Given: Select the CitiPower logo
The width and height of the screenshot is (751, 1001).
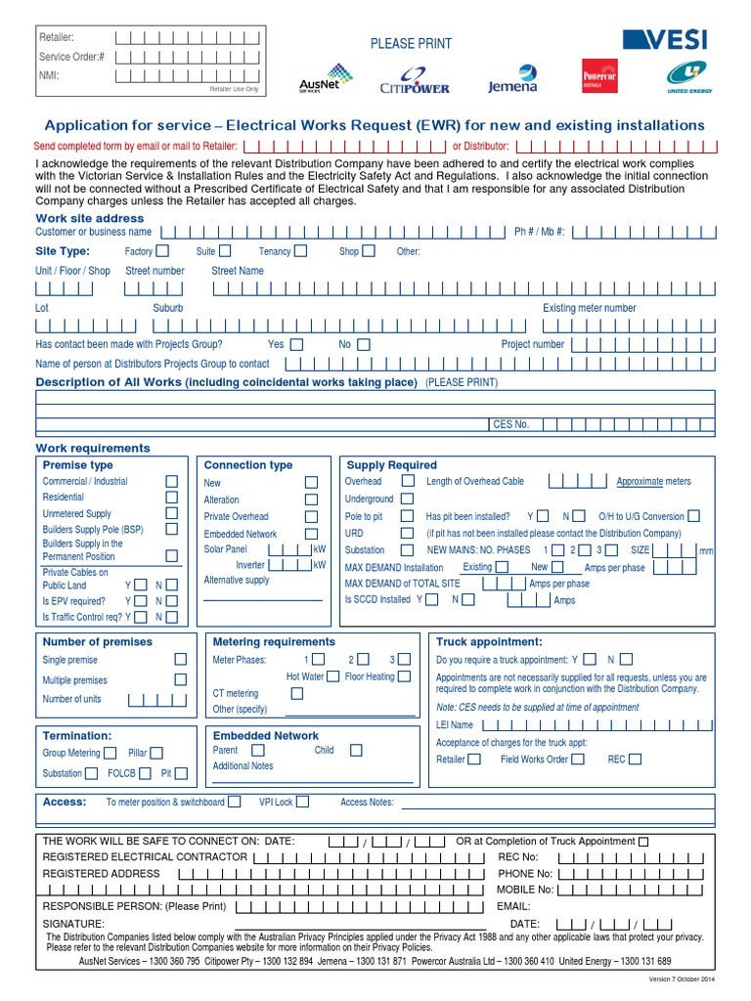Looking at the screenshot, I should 415,80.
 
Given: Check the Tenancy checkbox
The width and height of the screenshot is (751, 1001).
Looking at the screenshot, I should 300,251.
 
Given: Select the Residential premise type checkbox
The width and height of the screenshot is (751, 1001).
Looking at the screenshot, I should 172,497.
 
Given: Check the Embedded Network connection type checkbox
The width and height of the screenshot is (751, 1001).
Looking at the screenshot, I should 311,534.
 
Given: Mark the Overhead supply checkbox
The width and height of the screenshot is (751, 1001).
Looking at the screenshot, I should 406,481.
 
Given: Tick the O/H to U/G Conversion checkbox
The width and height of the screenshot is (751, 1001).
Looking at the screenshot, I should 693,516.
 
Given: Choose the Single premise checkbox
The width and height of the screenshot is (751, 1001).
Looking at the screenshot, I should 181,660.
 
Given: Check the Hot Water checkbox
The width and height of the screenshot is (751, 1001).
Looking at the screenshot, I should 333,676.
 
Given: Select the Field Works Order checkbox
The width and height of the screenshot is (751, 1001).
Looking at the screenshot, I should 578,759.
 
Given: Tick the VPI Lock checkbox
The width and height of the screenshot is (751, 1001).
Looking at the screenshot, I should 302,802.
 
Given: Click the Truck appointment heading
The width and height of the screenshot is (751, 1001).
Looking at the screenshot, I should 489,642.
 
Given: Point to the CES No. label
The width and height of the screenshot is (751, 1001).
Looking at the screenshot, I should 509,424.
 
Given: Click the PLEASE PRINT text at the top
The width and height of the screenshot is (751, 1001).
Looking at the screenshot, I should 411,43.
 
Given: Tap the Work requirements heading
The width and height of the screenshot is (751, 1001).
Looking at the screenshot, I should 93,448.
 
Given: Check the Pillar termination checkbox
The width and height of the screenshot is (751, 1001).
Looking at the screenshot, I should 156,753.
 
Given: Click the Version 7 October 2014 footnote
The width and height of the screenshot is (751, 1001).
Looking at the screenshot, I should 683,979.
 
